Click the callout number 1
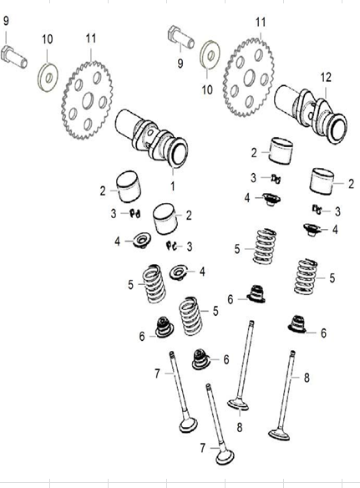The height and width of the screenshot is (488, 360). click(173, 186)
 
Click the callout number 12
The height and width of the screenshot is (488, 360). click(326, 78)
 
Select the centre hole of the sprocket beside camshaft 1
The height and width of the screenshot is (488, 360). click(88, 100)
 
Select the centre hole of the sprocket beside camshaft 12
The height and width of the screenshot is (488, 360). click(249, 78)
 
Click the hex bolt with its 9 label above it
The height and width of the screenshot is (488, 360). click(14, 57)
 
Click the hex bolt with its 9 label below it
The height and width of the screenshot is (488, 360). click(181, 38)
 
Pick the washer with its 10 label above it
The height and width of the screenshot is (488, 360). click(48, 77)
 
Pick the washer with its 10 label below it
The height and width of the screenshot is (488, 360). click(210, 55)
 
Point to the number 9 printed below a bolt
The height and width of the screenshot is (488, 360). click(180, 64)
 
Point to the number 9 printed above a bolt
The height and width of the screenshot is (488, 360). click(6, 21)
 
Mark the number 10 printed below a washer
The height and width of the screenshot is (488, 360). click(207, 89)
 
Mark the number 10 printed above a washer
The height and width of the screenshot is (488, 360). click(48, 39)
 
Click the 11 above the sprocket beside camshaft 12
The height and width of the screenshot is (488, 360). click(261, 23)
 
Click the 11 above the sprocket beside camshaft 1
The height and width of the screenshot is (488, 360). click(91, 38)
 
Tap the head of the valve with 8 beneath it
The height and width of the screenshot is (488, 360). click(238, 404)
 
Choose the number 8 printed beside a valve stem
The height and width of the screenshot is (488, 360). click(307, 378)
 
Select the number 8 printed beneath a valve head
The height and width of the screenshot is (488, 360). click(239, 427)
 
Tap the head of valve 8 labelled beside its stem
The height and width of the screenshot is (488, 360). click(279, 435)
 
